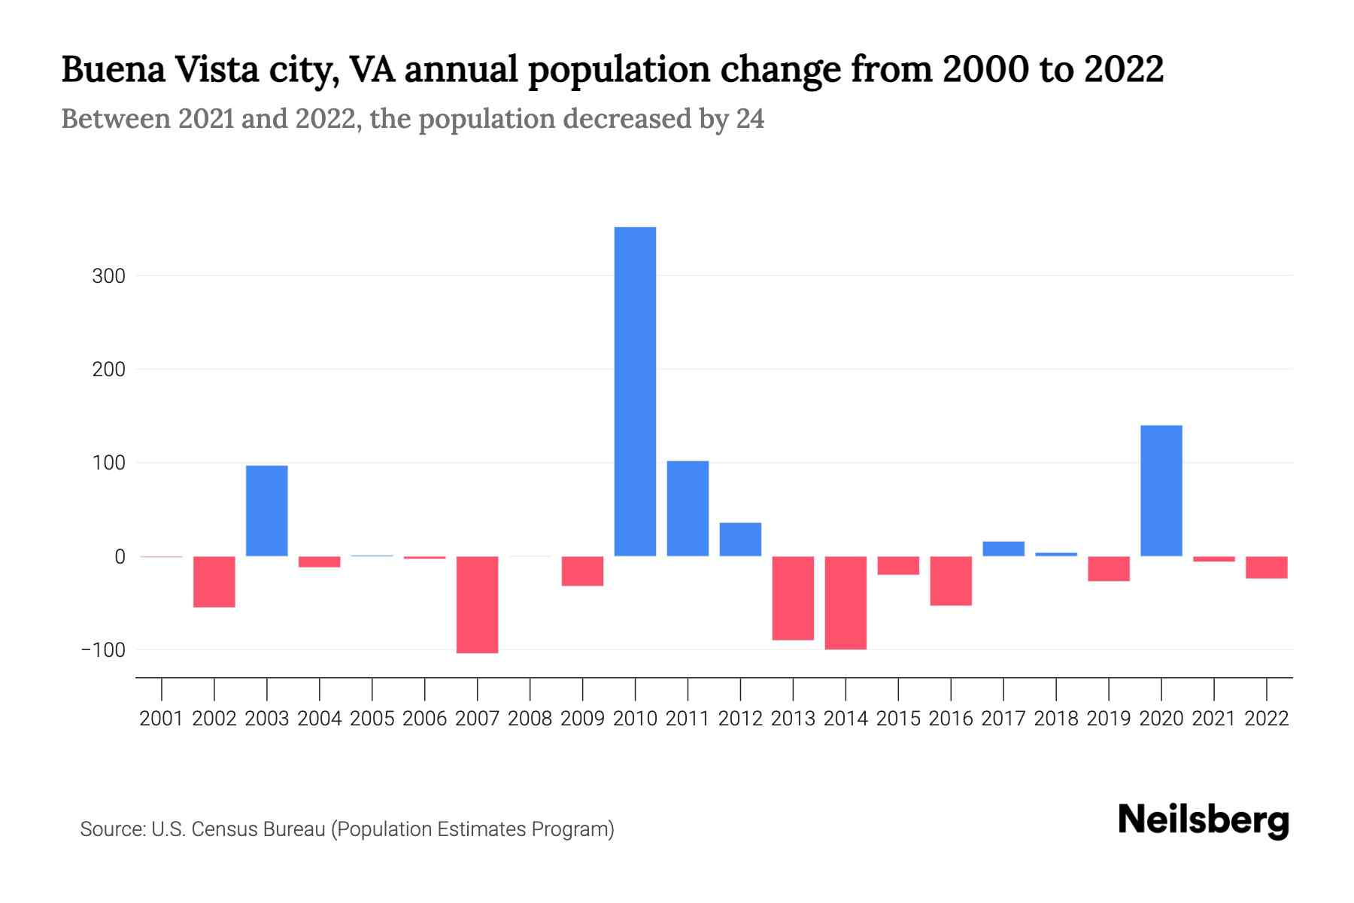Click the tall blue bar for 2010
click(635, 391)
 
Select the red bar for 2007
click(477, 604)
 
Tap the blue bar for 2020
click(1161, 491)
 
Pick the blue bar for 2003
click(267, 511)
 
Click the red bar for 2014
click(845, 602)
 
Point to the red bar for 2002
click(214, 582)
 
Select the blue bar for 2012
click(740, 540)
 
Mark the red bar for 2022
click(1266, 567)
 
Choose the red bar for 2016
click(951, 581)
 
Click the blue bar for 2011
click(688, 509)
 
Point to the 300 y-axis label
click(108, 276)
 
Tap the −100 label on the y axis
click(104, 650)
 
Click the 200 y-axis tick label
click(108, 369)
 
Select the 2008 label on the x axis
click(530, 719)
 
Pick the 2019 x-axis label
click(1108, 719)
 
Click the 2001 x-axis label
click(162, 719)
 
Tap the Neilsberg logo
click(1203, 820)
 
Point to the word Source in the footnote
click(112, 829)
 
